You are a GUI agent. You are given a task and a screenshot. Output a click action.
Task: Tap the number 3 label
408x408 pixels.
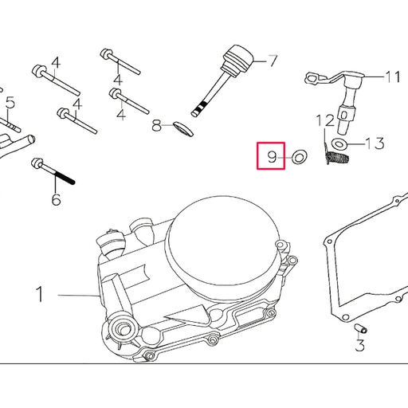[360, 345]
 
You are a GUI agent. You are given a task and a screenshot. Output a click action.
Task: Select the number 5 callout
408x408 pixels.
[10, 102]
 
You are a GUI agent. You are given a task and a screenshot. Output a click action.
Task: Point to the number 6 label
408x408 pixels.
[56, 198]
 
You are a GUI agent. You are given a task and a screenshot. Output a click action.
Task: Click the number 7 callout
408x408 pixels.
[272, 60]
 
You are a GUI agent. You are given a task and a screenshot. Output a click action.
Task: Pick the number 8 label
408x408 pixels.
[158, 124]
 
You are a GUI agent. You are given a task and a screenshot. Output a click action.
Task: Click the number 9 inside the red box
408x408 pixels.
[271, 157]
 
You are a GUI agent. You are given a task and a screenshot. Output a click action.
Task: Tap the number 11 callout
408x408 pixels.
[393, 77]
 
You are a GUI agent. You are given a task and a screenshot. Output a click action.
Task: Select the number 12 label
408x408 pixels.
[324, 121]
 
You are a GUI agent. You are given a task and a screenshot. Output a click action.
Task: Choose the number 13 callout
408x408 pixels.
[375, 143]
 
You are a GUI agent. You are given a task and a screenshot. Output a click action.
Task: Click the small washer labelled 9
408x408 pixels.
[300, 157]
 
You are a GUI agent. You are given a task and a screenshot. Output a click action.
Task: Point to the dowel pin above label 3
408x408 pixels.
[359, 328]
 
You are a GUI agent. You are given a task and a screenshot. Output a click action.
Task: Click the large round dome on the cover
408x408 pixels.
[225, 240]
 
